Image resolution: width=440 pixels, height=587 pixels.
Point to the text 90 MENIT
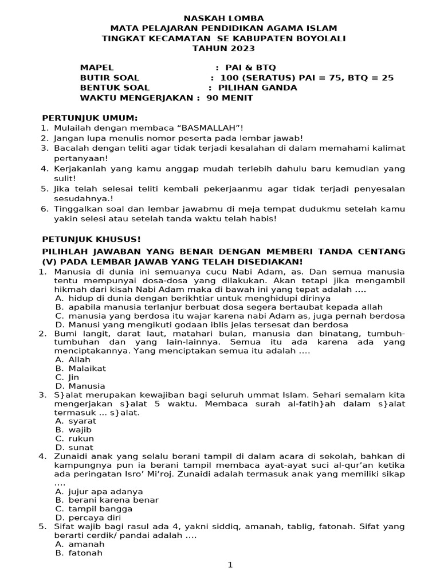[x=229, y=98]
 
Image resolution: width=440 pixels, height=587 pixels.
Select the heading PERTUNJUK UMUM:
[x=86, y=118]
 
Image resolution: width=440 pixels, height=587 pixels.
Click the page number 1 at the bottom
[x=230, y=565]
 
